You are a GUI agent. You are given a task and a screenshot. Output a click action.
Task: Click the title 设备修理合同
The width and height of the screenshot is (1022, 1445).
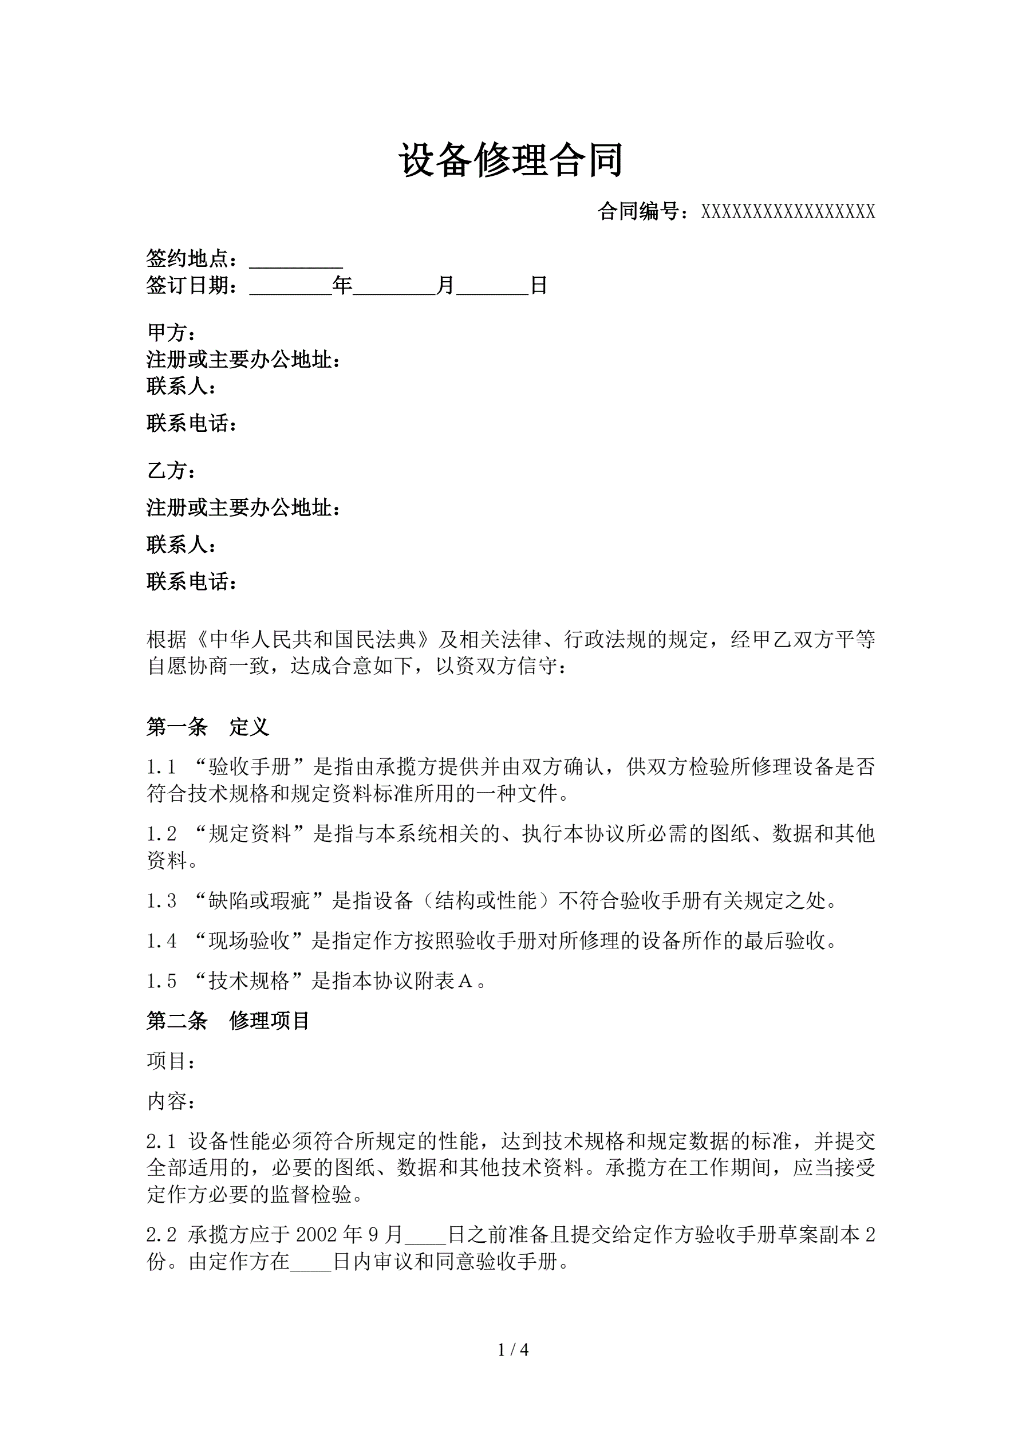click(510, 160)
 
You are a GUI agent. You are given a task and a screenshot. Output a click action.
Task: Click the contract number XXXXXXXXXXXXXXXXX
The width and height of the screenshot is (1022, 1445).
click(788, 212)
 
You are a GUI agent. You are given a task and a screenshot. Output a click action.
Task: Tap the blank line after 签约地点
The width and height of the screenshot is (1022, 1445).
click(296, 260)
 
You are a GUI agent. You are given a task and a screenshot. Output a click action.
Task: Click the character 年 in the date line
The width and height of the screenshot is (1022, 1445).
click(342, 286)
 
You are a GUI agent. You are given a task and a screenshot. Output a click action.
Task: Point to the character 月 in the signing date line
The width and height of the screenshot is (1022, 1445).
click(445, 286)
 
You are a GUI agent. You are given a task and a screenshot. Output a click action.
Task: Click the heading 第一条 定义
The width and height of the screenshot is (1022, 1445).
click(208, 727)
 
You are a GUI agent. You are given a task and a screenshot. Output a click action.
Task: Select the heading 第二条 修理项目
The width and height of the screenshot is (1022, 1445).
click(228, 1021)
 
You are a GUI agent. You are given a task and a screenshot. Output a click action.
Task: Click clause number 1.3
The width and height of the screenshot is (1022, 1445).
click(161, 901)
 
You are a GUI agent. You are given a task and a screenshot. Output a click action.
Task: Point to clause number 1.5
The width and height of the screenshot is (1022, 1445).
click(161, 981)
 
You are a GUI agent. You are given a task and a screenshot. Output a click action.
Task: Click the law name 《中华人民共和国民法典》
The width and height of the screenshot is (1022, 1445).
click(313, 640)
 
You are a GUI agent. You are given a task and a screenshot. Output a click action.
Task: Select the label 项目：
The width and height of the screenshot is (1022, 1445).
click(171, 1061)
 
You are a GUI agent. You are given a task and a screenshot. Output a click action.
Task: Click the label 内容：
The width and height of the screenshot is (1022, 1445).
click(171, 1101)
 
